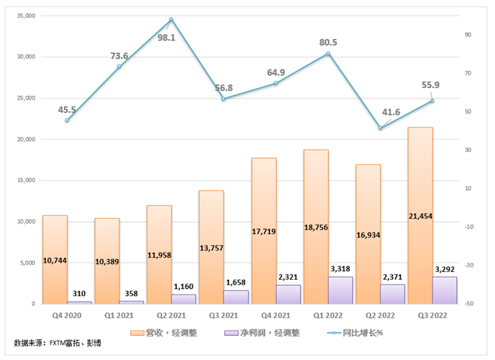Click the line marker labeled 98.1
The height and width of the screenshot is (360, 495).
coord(171,19)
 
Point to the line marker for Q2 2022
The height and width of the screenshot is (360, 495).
coord(380,128)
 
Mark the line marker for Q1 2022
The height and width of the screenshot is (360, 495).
coord(328,53)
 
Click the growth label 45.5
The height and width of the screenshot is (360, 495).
coord(67,110)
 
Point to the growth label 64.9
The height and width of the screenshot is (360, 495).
coord(276,72)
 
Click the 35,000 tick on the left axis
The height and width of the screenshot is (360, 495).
coord(27,16)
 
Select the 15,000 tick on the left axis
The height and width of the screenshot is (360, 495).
coord(27,180)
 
